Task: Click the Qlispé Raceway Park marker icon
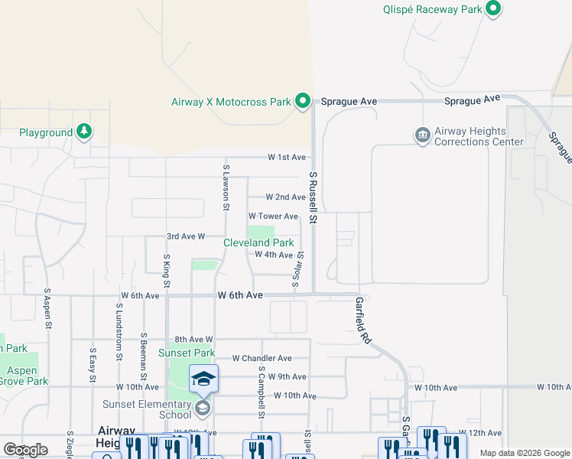coord(493,9)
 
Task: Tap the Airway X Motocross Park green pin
coord(303,101)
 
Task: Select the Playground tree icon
coord(84,132)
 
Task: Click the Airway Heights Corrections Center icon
coord(422,136)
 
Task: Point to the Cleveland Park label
coord(258,243)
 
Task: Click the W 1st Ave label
coord(286,157)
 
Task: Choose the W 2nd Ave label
coord(285,197)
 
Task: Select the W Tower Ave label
coord(272,216)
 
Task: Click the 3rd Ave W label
coord(186,236)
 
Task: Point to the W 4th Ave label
coord(274,255)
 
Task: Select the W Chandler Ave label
coord(262,358)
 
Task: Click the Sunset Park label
coord(187,353)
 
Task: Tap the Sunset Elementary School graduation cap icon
coord(203,379)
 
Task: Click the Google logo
coord(26,449)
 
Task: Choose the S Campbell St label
coord(262,392)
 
